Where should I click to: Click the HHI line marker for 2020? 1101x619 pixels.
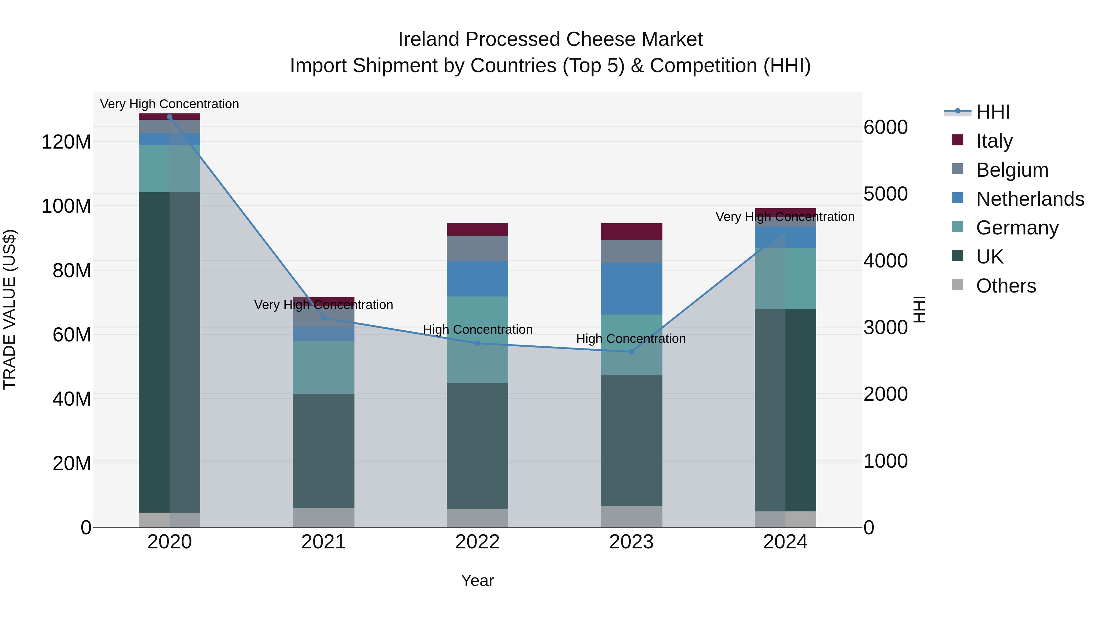click(170, 117)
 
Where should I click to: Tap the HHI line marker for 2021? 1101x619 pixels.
click(324, 318)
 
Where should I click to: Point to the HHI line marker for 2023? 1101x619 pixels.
click(631, 352)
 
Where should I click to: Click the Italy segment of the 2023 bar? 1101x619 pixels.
click(631, 231)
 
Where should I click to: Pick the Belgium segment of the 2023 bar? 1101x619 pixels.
click(631, 251)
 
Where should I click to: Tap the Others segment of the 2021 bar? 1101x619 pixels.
click(324, 517)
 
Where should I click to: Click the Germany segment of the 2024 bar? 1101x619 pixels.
click(785, 278)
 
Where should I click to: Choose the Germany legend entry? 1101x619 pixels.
click(1017, 228)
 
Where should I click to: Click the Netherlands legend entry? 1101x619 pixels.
click(1030, 199)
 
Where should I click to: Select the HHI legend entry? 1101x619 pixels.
click(992, 112)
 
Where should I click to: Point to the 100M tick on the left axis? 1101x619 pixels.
click(66, 206)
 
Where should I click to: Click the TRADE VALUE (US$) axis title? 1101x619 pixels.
click(9, 309)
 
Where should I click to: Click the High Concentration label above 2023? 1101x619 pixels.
click(631, 339)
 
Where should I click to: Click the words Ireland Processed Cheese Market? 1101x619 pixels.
click(550, 39)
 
